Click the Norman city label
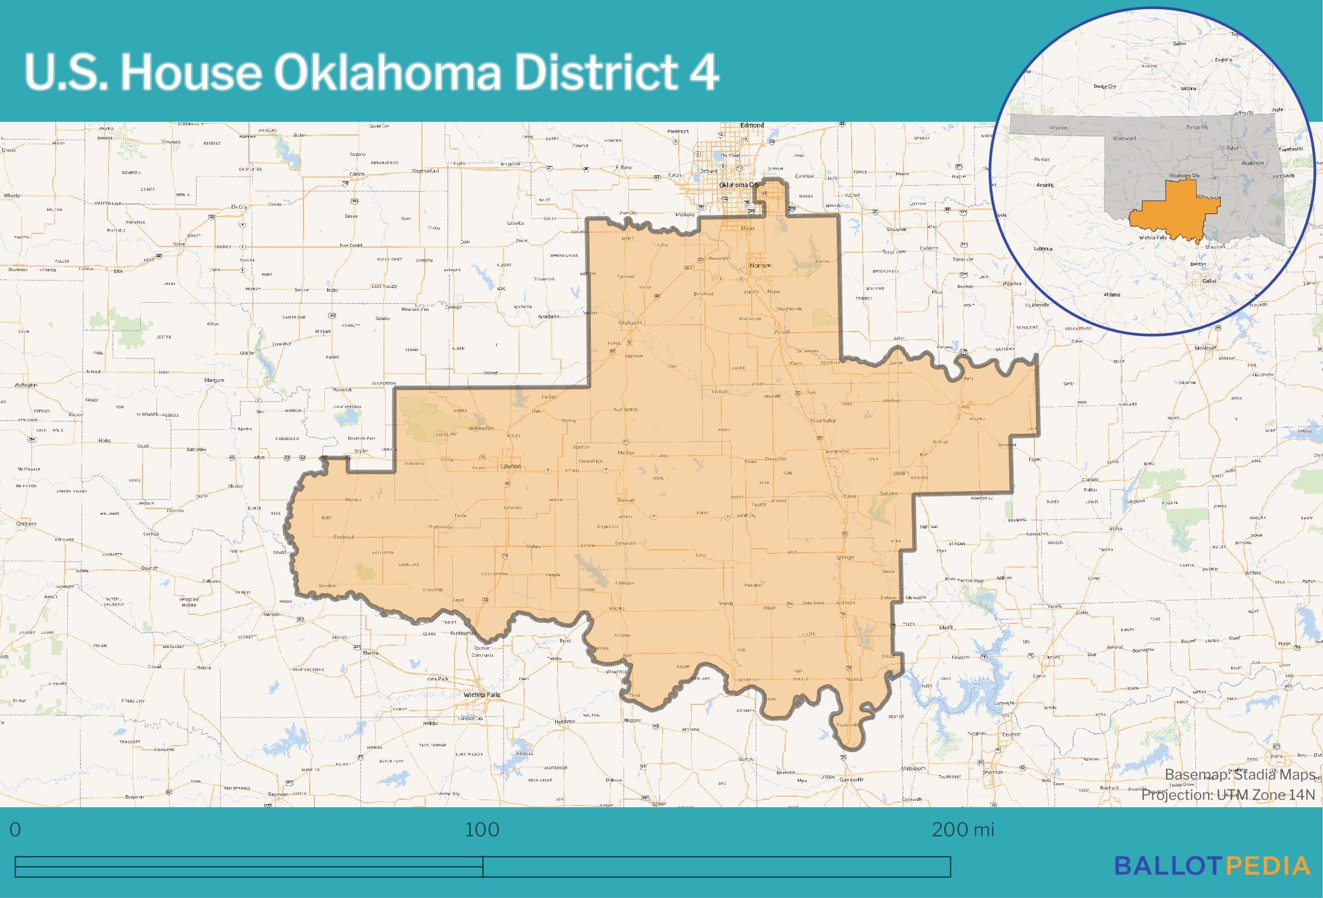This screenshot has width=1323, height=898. click(761, 265)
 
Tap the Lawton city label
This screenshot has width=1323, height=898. click(510, 466)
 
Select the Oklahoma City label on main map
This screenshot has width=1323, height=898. click(739, 185)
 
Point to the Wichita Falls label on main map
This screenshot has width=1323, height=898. click(482, 695)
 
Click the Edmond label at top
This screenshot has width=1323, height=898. click(752, 125)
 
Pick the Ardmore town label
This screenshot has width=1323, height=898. click(846, 602)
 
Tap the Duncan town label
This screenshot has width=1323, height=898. click(626, 500)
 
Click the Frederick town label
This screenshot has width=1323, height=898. click(344, 537)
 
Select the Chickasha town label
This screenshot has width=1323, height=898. click(630, 323)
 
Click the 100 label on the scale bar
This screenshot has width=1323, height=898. click(482, 830)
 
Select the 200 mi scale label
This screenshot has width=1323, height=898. click(963, 830)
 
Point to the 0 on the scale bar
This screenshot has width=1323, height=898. click(16, 830)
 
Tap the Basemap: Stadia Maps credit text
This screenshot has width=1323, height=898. click(1240, 775)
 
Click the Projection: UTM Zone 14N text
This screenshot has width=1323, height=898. click(1228, 795)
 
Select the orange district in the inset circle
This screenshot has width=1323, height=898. click(1172, 213)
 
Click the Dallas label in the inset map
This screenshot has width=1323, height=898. click(1209, 281)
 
